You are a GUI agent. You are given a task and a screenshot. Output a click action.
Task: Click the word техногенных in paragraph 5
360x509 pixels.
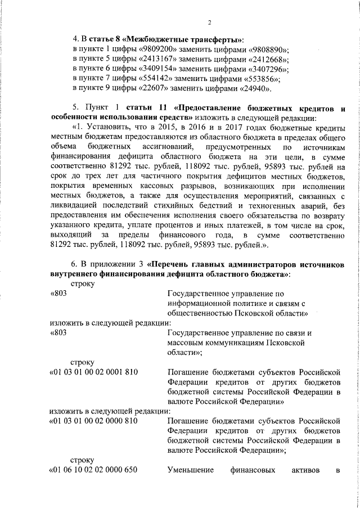pyautogui.click(x=271, y=206)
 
